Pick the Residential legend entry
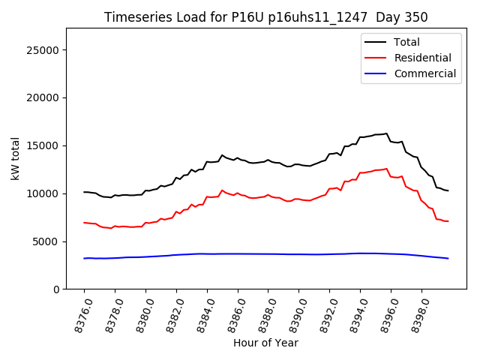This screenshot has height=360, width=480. pyautogui.click(x=422, y=58)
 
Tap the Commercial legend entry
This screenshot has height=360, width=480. pyautogui.click(x=424, y=73)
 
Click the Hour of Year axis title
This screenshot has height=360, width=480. pyautogui.click(x=265, y=343)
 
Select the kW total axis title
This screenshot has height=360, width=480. pyautogui.click(x=16, y=158)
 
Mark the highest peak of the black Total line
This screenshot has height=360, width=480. pyautogui.click(x=387, y=133)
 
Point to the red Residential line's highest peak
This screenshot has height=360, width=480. pyautogui.click(x=387, y=169)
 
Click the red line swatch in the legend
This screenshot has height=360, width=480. pyautogui.click(x=375, y=58)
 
